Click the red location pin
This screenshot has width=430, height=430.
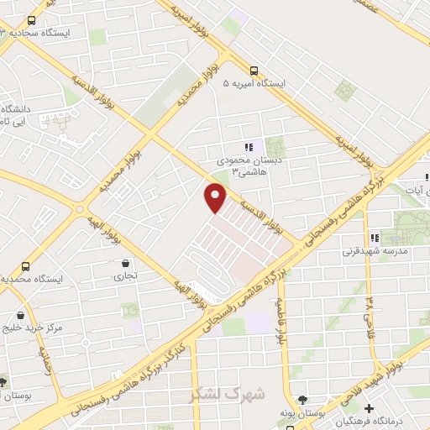pyautogui.click(x=216, y=197)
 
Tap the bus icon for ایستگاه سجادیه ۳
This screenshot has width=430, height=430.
pyautogui.click(x=32, y=20)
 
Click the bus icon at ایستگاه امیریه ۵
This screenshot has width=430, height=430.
pyautogui.click(x=254, y=71)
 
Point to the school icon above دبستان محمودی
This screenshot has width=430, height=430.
pyautogui.click(x=248, y=148)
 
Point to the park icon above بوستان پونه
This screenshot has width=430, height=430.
pyautogui.click(x=303, y=400)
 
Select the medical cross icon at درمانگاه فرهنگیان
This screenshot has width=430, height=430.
pyautogui.click(x=369, y=409)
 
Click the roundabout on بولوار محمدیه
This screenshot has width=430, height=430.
pyautogui.click(x=80, y=208)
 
